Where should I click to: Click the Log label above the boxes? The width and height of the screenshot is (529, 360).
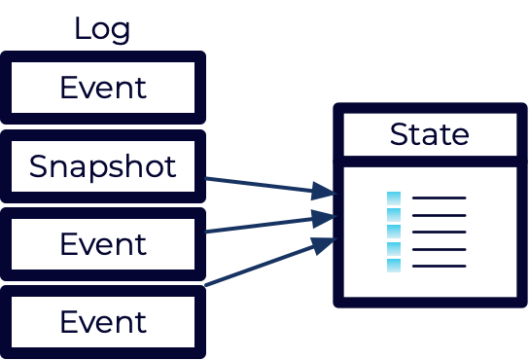(x=102, y=29)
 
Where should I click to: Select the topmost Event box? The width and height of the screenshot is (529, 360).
(x=103, y=89)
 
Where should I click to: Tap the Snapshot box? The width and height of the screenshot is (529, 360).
(x=103, y=166)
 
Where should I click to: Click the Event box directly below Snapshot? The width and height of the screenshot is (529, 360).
(x=103, y=244)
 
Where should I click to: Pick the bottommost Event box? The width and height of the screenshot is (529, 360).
(x=103, y=322)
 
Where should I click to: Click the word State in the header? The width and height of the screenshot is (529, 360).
(x=429, y=134)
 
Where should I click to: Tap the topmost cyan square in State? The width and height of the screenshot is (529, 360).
(x=394, y=198)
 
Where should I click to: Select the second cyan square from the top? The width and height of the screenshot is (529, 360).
(x=394, y=215)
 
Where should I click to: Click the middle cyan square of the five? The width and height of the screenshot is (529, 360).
(x=394, y=232)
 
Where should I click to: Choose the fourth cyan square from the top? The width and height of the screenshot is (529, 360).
(x=394, y=248)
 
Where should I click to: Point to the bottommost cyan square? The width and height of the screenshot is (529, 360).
(x=394, y=265)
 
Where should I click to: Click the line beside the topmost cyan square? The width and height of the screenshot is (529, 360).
(x=440, y=198)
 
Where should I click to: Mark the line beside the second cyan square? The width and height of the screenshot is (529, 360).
(x=440, y=215)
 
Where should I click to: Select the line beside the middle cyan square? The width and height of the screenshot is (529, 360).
(x=440, y=232)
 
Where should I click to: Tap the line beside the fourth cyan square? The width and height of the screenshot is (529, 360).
(x=440, y=249)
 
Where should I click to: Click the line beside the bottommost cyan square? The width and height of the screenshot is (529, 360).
(x=440, y=266)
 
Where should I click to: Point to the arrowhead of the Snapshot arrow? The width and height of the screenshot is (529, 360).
(x=325, y=192)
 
